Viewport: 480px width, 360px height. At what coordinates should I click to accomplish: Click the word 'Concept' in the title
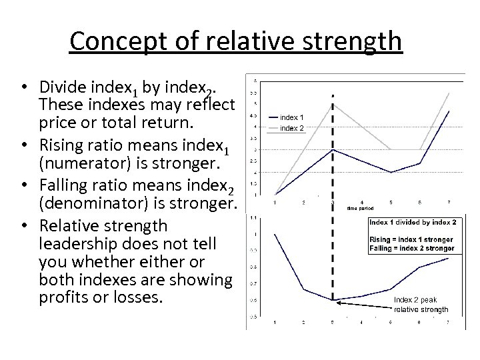(x=110, y=41)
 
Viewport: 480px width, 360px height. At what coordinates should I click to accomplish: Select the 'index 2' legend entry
(x=291, y=127)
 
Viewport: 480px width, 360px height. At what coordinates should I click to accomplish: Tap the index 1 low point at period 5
(x=391, y=172)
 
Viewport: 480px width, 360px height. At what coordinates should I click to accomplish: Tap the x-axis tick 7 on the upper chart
(x=449, y=202)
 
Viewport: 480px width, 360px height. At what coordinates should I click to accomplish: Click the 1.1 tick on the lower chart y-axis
(x=253, y=217)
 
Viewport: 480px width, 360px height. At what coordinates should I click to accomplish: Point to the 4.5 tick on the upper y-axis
(x=253, y=115)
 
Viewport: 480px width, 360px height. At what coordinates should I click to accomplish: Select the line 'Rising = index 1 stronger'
(x=411, y=239)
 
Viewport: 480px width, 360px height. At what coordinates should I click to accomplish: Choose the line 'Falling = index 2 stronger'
(x=411, y=248)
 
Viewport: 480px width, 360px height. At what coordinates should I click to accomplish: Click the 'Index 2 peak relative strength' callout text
(x=421, y=305)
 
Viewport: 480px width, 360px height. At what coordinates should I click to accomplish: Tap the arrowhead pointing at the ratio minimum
(x=338, y=301)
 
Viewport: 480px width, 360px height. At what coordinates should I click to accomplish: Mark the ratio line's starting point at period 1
(x=275, y=234)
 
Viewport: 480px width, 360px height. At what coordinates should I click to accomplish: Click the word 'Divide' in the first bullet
(x=61, y=87)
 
